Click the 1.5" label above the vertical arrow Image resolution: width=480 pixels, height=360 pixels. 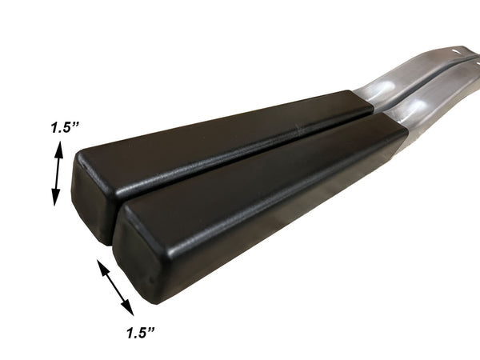coord(66,127)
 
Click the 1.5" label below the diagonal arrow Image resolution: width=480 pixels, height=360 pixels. coord(141,333)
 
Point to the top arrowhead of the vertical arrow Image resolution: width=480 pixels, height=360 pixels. coord(59,150)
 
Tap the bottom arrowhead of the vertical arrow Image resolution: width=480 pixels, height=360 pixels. coord(56,197)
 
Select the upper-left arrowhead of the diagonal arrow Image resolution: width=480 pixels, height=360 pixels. coord(103,266)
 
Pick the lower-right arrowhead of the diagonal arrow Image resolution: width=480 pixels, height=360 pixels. coord(127,308)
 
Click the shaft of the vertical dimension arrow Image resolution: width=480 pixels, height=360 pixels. coord(58,174)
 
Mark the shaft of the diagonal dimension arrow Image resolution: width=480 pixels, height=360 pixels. coord(115,287)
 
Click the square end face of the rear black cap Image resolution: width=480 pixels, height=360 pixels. coord(92,199)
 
